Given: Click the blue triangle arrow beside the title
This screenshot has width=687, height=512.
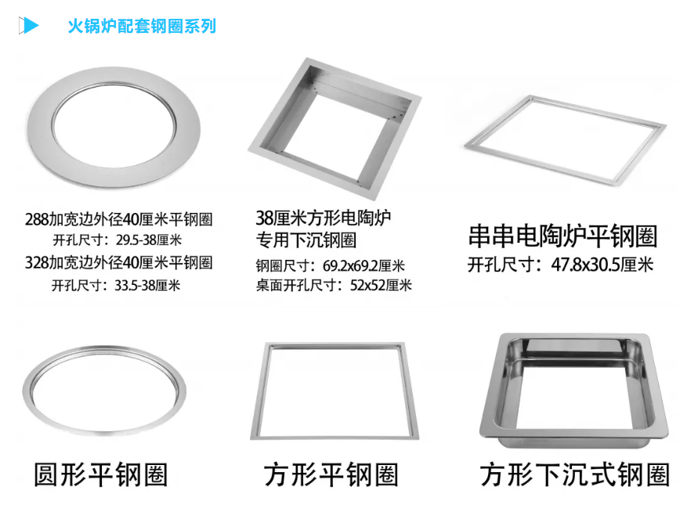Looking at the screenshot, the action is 31,25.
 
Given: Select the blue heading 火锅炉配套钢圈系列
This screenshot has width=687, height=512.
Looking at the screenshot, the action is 142,26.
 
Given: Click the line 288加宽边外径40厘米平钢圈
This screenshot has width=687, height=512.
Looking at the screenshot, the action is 119,219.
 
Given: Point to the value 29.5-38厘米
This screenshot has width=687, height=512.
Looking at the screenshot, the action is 149,240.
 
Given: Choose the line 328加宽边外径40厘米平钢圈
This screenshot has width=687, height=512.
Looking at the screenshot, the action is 119,263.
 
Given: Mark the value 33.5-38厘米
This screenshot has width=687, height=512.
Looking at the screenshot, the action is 147,286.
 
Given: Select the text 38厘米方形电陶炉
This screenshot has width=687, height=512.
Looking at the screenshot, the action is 324,218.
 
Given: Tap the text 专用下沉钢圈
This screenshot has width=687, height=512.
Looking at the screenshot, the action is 306,240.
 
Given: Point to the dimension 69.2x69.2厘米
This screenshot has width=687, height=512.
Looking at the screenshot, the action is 363,266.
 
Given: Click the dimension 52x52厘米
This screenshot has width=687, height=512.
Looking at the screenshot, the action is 381,286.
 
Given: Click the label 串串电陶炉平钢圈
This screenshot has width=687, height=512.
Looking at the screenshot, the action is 562,236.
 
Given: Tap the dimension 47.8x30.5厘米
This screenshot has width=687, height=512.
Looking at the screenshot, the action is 602,265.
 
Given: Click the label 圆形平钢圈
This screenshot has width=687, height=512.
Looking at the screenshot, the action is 101,474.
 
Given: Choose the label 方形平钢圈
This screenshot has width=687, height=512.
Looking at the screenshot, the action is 331,474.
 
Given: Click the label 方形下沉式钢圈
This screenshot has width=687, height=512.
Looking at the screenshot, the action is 575,474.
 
